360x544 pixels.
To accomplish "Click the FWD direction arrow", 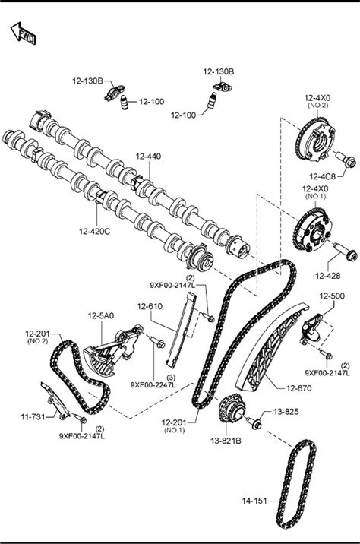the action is (24, 33).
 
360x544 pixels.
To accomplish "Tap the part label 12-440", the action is (148, 156).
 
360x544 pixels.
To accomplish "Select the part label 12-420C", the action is (95, 231).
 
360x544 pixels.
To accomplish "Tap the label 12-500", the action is (332, 296).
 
